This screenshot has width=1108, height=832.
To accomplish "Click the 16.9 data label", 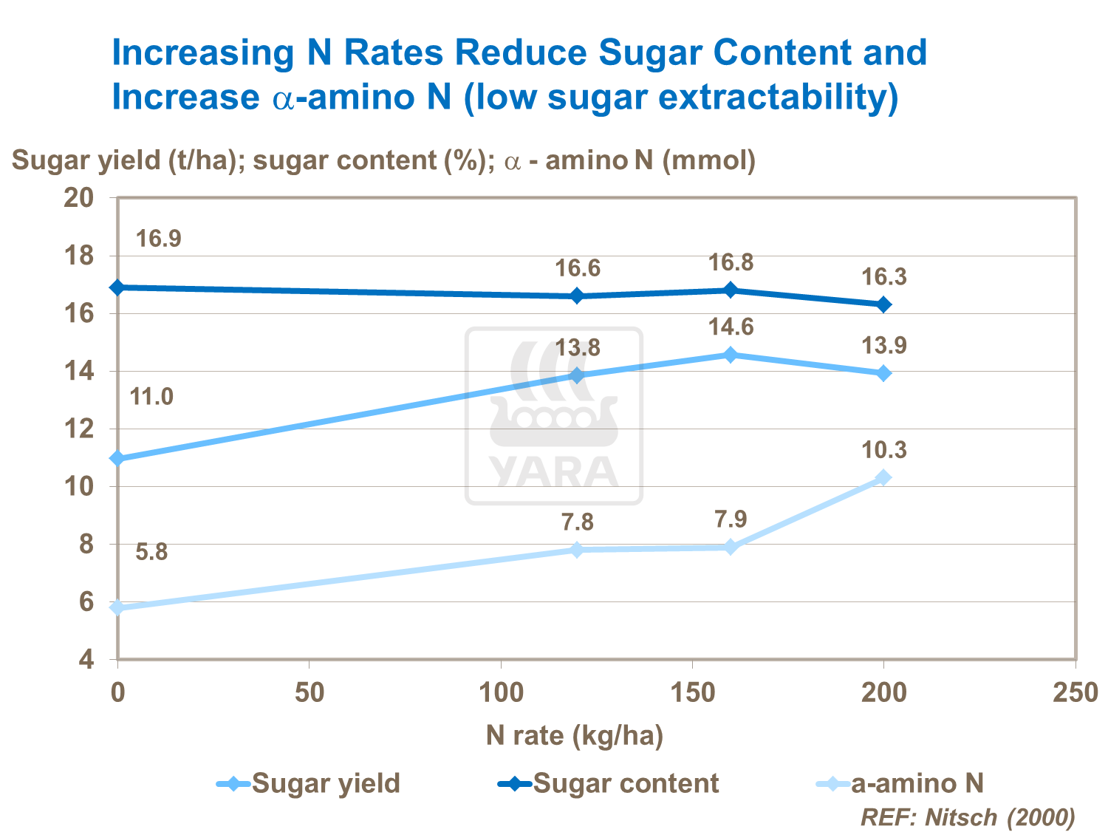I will coord(159,239).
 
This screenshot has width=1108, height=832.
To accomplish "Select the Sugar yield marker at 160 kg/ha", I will coord(731,355).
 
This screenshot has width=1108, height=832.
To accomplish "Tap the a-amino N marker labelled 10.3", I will coord(883,477).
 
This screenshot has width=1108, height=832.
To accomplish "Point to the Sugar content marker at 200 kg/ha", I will coord(883,304).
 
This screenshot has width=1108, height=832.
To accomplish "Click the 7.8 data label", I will coord(578,522).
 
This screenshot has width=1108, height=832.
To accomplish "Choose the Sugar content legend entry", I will coord(609,783).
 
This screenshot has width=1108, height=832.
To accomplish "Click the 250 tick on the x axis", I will coord(1075,693).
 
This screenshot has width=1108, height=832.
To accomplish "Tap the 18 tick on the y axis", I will coord(79,256).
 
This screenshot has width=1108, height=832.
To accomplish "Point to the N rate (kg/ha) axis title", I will coord(575,736).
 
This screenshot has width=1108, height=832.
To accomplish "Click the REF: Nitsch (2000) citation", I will coord(968,817).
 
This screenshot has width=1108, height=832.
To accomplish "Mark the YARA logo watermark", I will coord(554,416).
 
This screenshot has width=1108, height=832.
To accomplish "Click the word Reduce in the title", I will coord(516,53).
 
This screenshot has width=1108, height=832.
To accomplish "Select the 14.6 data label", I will coord(731,327).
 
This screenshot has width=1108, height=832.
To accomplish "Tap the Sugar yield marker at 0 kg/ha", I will coord(117,459).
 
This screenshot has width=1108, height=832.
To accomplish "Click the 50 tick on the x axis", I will coord(310,693).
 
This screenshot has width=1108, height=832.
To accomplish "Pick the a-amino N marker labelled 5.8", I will coord(117,607).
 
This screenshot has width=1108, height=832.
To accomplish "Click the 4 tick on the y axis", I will coord(86,659).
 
